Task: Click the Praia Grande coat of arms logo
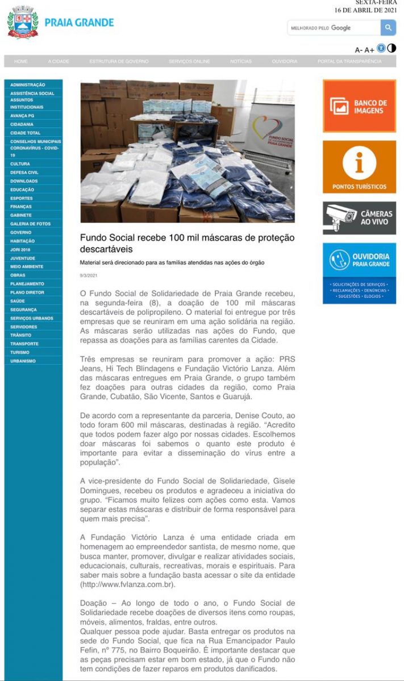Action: (22, 22)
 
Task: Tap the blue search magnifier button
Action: (388, 28)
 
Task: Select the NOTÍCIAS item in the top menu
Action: (241, 61)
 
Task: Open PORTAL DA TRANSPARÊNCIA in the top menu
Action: (349, 61)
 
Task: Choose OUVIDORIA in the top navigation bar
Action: (284, 61)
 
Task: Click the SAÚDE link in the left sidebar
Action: (18, 301)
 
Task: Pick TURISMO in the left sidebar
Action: (19, 352)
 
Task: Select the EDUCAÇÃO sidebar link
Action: (22, 190)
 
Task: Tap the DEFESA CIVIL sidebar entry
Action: (24, 173)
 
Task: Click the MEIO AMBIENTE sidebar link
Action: (26, 267)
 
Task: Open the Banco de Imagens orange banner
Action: (359, 106)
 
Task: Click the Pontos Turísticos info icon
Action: (359, 162)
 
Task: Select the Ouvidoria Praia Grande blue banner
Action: (359, 273)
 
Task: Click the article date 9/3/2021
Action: (88, 276)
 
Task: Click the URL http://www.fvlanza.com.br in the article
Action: (127, 584)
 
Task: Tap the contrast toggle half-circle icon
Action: (391, 49)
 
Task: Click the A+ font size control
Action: (369, 50)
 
